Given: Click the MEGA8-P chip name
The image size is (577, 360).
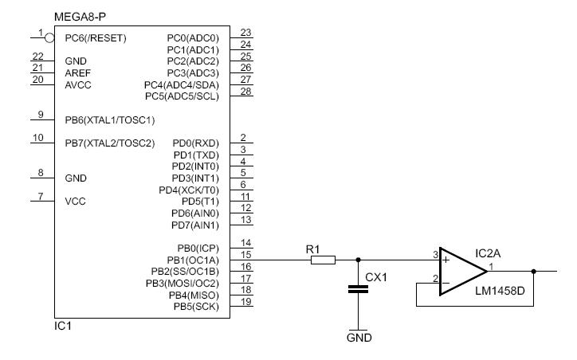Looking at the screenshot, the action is click(x=80, y=17).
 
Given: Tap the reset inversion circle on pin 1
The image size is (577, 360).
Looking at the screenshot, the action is click(x=49, y=37).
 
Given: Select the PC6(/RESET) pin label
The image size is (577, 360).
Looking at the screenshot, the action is click(x=96, y=38).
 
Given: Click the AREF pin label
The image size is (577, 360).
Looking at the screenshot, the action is click(x=77, y=72).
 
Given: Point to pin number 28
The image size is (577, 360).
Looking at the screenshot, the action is click(x=245, y=92).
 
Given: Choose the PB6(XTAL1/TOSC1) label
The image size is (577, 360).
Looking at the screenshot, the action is click(x=110, y=120).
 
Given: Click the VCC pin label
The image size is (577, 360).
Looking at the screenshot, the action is click(x=75, y=202).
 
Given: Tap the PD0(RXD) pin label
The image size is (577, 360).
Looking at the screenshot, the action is click(x=196, y=143).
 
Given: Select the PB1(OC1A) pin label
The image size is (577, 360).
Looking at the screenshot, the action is click(x=193, y=260).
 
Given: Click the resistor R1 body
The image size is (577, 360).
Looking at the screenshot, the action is click(x=323, y=260).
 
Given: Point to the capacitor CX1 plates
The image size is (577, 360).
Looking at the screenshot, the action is click(x=358, y=289).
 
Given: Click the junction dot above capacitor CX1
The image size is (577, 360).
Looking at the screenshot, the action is click(x=358, y=260).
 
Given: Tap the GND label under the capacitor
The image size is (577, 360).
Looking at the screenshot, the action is click(x=359, y=338).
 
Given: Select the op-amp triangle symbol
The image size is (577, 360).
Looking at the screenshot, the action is click(x=462, y=272).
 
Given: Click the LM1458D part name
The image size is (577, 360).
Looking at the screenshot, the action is click(x=500, y=291).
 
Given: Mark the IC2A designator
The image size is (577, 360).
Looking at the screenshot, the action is click(x=488, y=253).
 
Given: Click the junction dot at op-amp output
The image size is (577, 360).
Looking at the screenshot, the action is click(x=534, y=272).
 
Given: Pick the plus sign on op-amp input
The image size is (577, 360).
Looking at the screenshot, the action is click(x=446, y=260).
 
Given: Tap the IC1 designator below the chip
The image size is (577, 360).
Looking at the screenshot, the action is click(x=62, y=326).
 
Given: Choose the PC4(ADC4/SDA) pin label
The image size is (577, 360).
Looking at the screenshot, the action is click(x=182, y=85).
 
